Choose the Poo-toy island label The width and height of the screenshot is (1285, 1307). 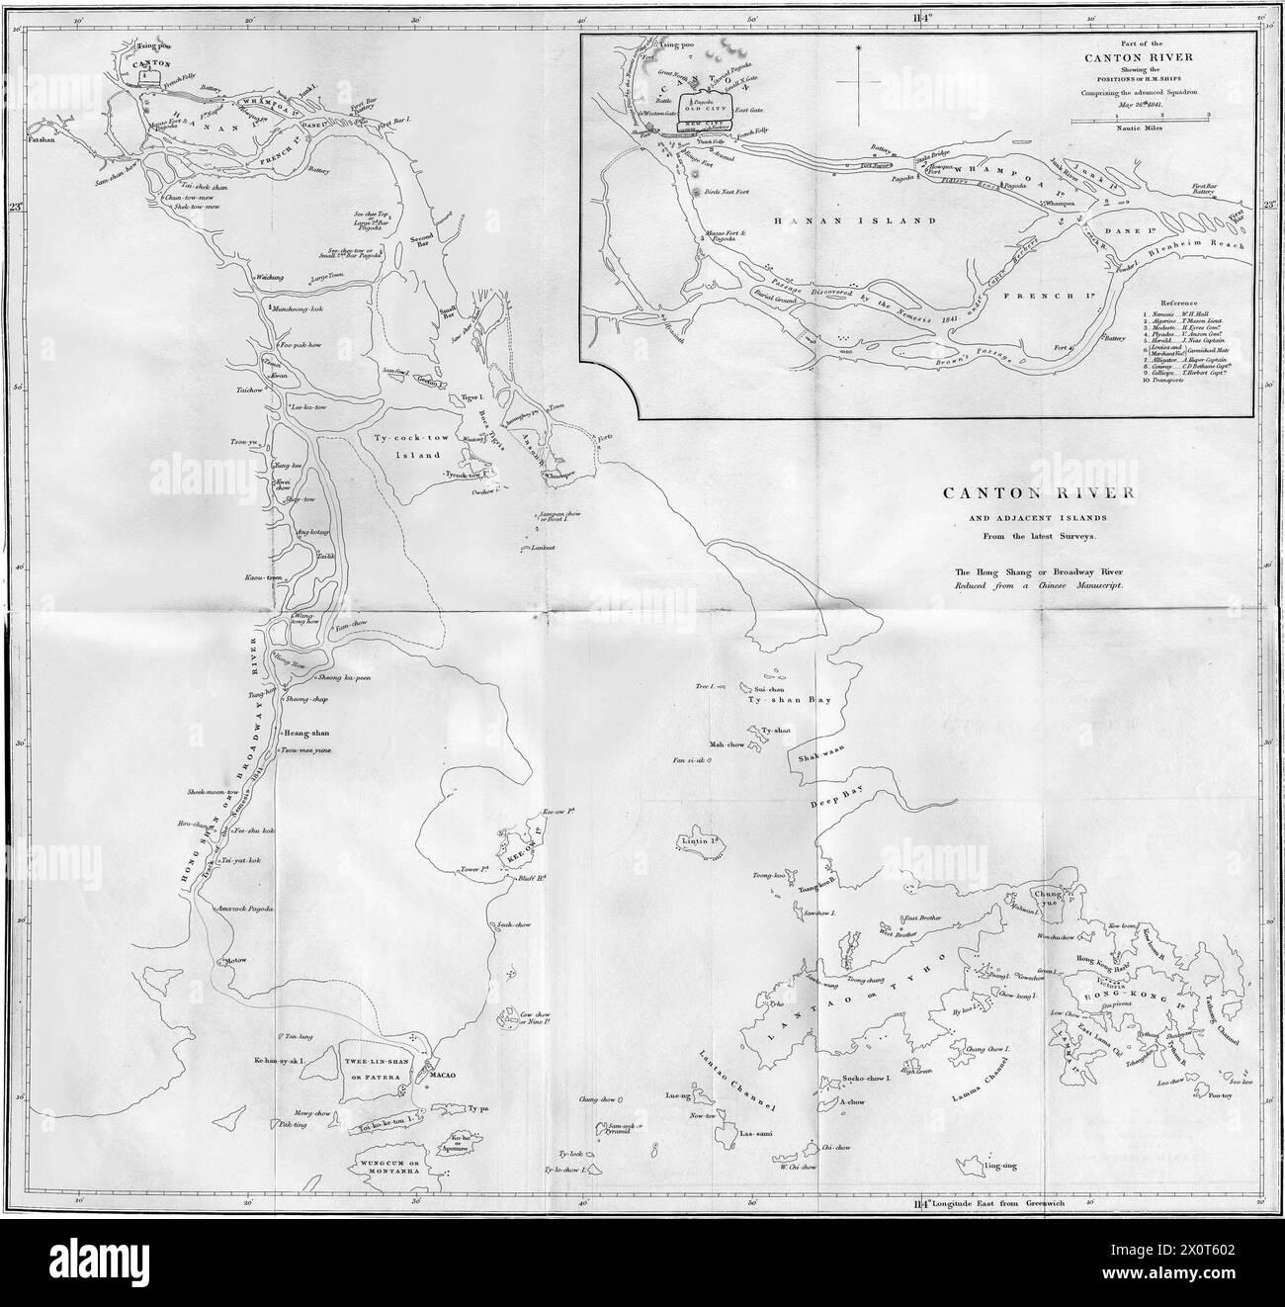coord(1219,1094)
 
